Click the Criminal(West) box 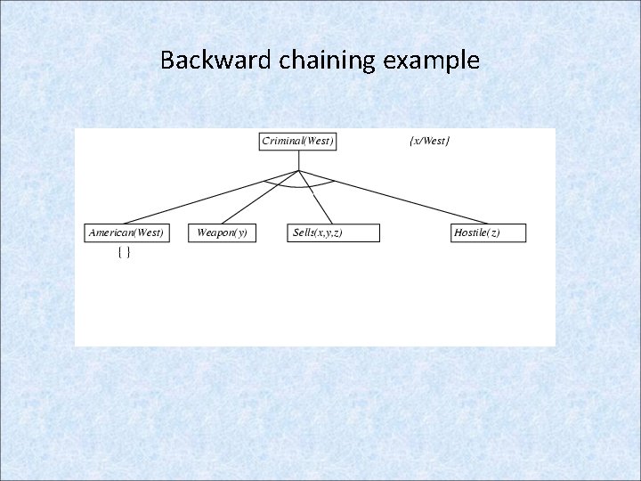[298, 142]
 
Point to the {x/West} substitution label [429, 141]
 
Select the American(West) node [126, 232]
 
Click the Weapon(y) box [222, 232]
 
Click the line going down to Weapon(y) [257, 199]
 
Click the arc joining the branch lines [299, 186]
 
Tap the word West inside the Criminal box [317, 142]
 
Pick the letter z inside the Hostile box [493, 233]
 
